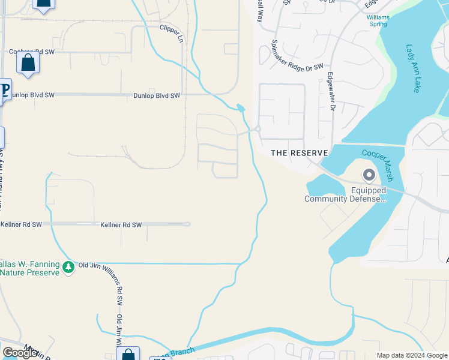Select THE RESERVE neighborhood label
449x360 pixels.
[x=300, y=153]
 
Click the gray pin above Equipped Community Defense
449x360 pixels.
[x=369, y=175]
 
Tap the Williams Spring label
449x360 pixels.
[x=378, y=21]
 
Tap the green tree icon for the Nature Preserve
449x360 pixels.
[x=69, y=266]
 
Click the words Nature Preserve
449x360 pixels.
[x=30, y=272]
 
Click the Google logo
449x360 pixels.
[x=20, y=353]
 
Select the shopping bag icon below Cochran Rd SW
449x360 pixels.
[x=28, y=63]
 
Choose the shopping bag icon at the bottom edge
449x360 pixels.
[x=128, y=354]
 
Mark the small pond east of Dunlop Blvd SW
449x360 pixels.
[x=241, y=108]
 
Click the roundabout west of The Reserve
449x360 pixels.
[x=258, y=128]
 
